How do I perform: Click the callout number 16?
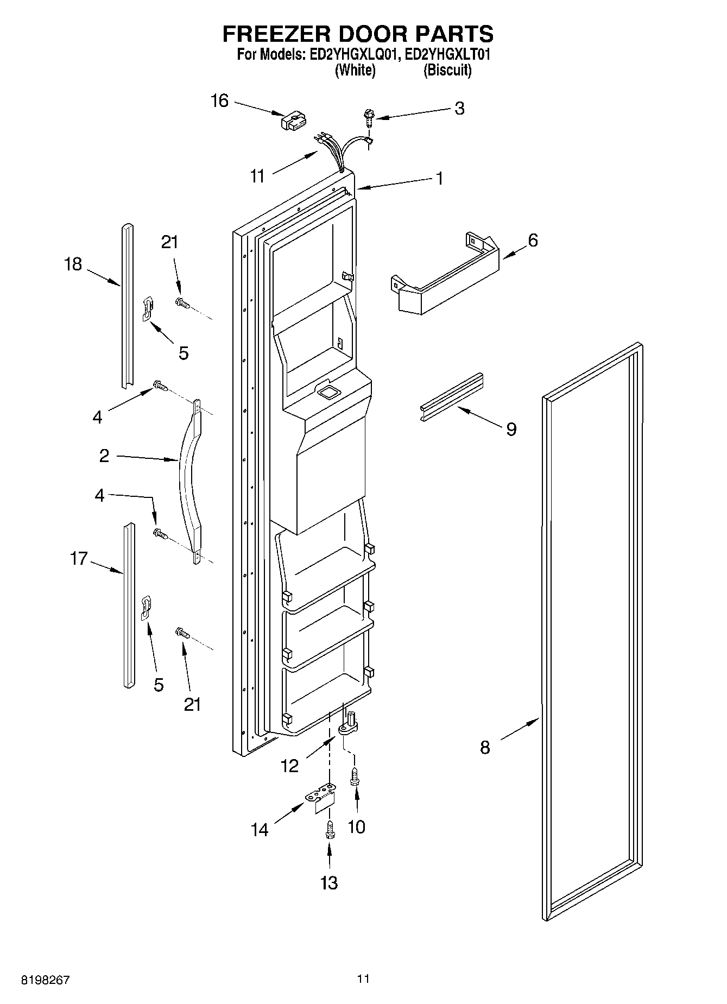219,101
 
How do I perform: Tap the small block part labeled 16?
294,121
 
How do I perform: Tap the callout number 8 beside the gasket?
485,747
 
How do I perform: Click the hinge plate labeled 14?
322,797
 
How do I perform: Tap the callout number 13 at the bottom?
329,882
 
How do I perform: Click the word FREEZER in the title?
272,34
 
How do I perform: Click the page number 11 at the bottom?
363,978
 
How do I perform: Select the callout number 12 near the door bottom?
290,766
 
